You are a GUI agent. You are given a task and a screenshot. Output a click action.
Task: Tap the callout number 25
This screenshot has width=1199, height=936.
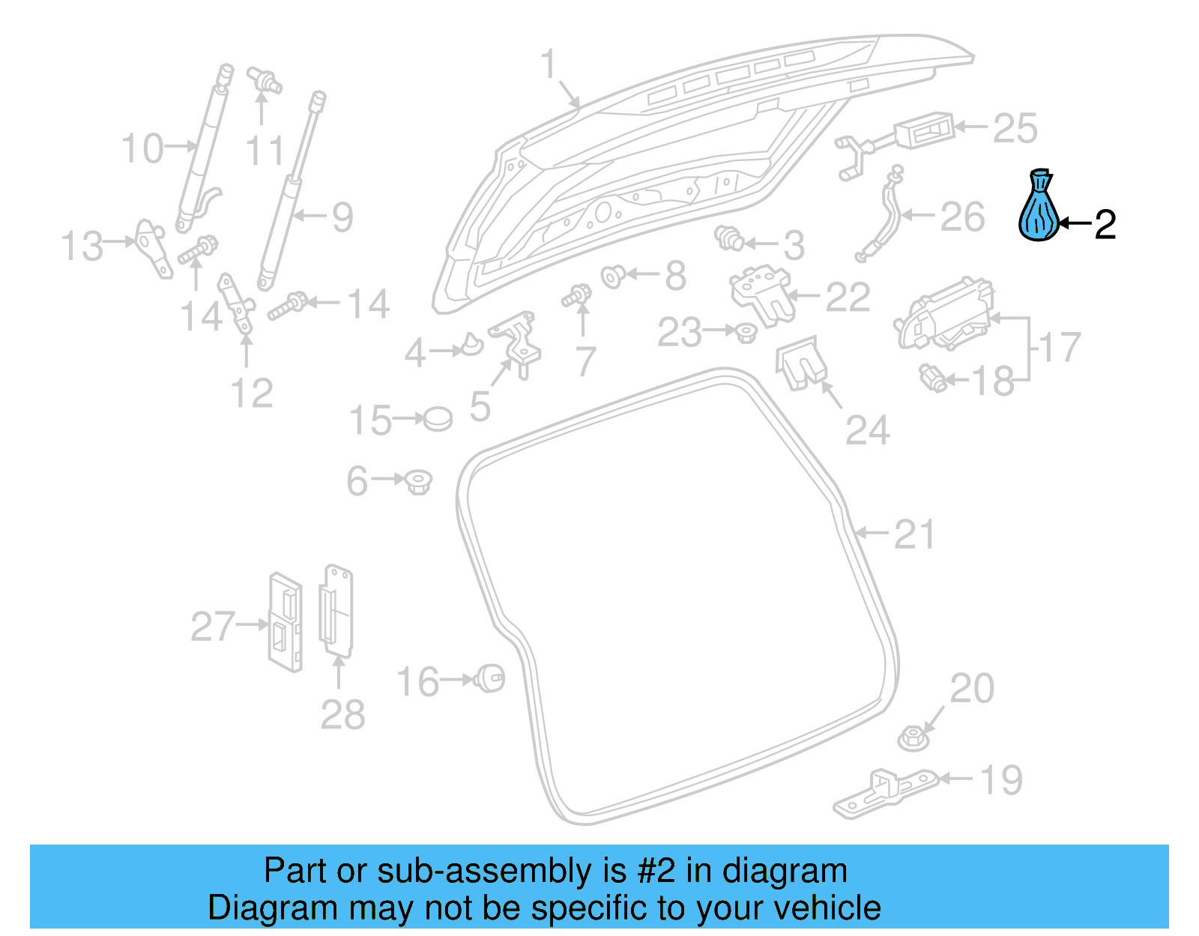1015,129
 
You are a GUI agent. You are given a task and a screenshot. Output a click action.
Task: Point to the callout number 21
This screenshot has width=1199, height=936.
914,535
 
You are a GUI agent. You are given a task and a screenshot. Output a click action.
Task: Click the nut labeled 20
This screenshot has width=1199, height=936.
913,738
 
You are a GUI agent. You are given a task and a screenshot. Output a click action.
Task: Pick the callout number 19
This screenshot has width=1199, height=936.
1001,780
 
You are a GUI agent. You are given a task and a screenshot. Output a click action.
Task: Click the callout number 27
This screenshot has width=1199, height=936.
213,626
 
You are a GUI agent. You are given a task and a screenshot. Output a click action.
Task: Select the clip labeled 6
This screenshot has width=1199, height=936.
418,481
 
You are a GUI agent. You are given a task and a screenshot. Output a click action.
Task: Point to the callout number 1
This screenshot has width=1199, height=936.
549,64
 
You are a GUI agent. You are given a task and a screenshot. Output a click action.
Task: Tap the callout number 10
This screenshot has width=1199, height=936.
142,148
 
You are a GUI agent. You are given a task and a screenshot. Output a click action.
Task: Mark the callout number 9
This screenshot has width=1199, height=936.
342,217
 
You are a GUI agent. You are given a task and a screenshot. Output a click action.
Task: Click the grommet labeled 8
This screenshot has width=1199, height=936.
613,277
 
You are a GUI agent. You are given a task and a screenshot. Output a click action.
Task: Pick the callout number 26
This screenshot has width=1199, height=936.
961,217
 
